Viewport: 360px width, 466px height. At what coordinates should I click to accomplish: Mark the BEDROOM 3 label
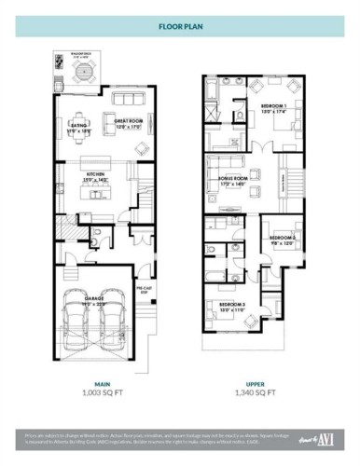[x=233, y=306]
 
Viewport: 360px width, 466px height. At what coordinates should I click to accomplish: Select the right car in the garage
[x=114, y=322]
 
